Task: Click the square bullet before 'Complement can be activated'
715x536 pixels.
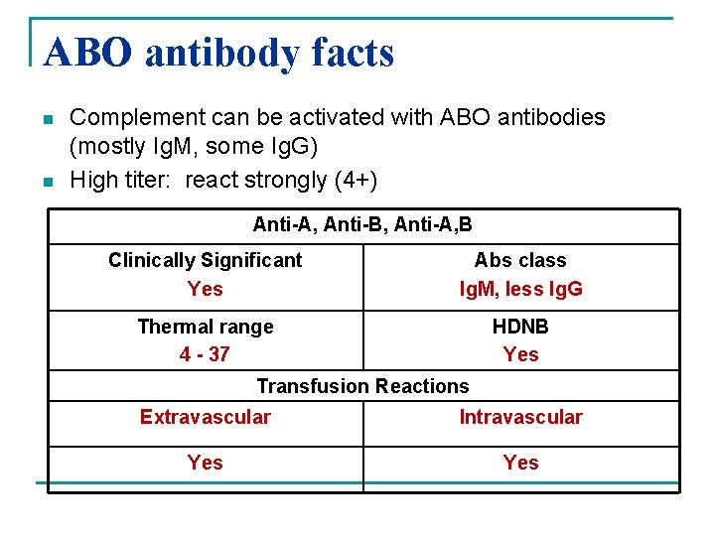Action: (48, 119)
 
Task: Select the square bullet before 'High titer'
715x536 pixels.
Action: (48, 182)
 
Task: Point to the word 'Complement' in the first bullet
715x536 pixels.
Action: (133, 117)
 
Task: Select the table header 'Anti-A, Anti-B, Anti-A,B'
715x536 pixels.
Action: (362, 225)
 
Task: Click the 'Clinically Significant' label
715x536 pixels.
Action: (206, 260)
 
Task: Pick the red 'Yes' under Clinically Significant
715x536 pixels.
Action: (206, 289)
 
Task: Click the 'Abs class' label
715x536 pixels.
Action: (520, 260)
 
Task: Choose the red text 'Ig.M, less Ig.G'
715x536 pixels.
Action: (520, 289)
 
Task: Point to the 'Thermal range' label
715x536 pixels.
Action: (206, 327)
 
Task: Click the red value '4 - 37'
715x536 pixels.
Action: (206, 354)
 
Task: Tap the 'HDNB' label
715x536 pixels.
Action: (520, 327)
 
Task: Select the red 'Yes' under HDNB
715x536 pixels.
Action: (520, 354)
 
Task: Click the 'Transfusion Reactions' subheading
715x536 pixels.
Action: (362, 385)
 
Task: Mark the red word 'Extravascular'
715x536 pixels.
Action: (206, 417)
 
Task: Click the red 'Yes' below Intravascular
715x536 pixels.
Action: (520, 463)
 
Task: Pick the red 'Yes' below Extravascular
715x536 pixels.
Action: (206, 463)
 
